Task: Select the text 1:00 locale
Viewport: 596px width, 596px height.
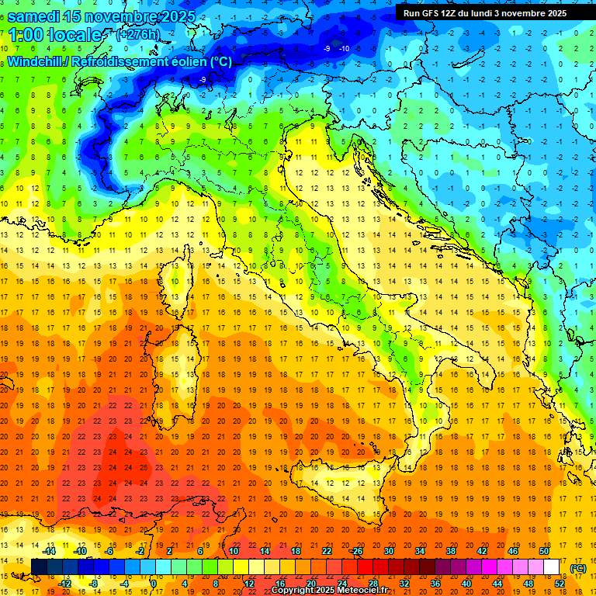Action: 54,35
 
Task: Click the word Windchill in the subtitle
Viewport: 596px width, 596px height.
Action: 36,61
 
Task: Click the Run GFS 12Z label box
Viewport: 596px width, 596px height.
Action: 485,13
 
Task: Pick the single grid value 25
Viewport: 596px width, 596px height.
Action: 144,468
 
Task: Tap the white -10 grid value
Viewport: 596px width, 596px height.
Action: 344,49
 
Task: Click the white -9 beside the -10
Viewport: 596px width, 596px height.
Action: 327,49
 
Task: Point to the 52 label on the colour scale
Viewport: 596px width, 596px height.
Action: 559,583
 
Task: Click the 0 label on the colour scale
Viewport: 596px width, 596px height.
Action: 154,583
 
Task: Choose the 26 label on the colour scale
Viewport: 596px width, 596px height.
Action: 357,551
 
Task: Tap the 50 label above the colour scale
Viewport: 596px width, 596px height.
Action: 543,551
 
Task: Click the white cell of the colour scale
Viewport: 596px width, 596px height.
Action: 551,567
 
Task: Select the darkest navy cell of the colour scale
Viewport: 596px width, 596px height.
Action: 40,567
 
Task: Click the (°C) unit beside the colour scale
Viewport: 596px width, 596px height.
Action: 578,568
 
